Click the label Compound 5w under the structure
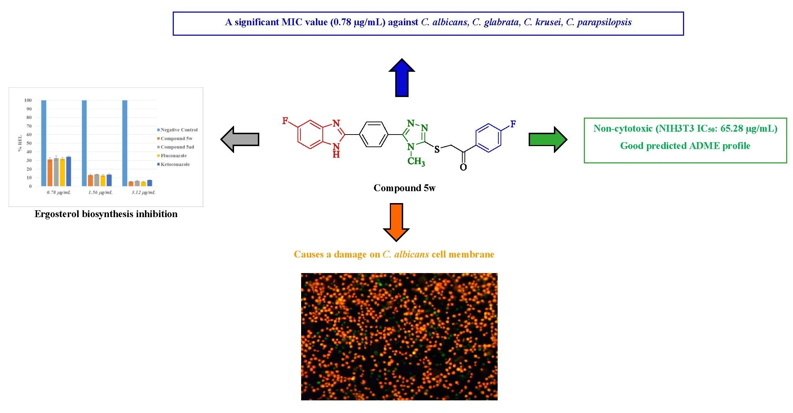pyautogui.click(x=404, y=188)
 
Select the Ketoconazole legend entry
pyautogui.click(x=175, y=164)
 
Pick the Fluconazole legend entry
pyautogui.click(x=173, y=156)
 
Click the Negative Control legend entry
pyautogui.click(x=179, y=130)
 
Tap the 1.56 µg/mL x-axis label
pyautogui.click(x=100, y=193)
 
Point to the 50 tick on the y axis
pyautogui.click(x=29, y=143)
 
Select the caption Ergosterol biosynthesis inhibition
pyautogui.click(x=106, y=214)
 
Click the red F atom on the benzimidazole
pyautogui.click(x=285, y=121)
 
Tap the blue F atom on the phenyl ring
pyautogui.click(x=513, y=124)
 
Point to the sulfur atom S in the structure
pyautogui.click(x=437, y=149)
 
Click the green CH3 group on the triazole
pyautogui.click(x=416, y=161)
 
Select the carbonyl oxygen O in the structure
pyautogui.click(x=463, y=167)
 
